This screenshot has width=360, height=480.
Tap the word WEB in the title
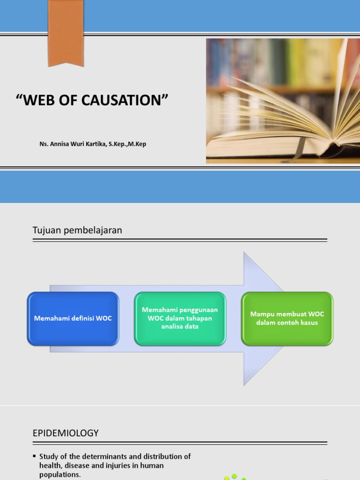click(x=40, y=100)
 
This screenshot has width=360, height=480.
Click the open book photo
click(x=283, y=101)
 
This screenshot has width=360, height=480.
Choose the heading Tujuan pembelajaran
click(x=77, y=230)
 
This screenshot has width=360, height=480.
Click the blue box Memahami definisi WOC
click(x=73, y=319)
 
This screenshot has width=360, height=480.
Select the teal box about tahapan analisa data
click(x=180, y=318)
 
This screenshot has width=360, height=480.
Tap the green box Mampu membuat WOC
click(x=287, y=318)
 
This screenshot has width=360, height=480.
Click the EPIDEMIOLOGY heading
click(x=66, y=433)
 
